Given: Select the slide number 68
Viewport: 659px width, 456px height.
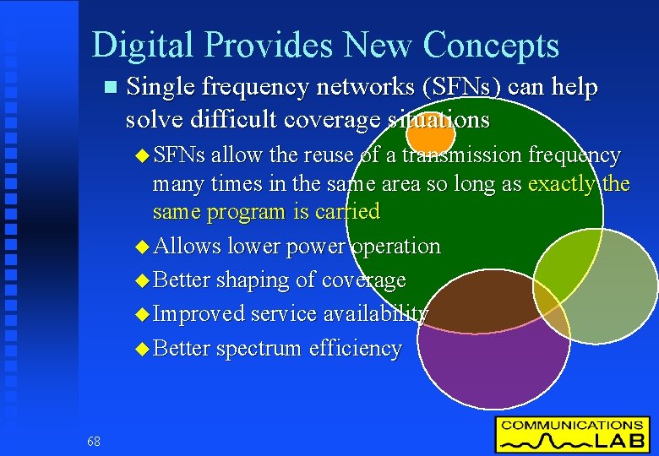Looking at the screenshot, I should [93, 441].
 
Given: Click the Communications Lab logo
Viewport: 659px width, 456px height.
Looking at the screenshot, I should [572, 434].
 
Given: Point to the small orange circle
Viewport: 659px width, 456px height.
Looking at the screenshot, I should [430, 133].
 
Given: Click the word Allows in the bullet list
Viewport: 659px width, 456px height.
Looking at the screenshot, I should [187, 246].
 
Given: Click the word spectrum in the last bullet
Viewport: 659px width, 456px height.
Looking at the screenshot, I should [259, 348].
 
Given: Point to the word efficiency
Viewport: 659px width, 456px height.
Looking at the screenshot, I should [355, 348].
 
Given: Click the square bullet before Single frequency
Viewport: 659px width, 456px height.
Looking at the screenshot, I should [106, 88].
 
